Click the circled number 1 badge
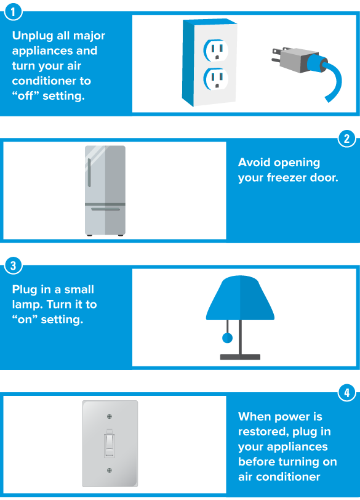point(13,12)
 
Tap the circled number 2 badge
point(346,139)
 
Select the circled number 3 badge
point(13,265)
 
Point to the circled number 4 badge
point(346,392)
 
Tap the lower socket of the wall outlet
point(216,79)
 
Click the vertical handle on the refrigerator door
point(89,172)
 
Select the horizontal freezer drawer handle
point(105,209)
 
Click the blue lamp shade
point(240,298)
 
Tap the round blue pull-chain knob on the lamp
point(227,337)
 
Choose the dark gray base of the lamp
point(240,357)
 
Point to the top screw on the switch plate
point(110,416)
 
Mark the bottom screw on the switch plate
point(110,470)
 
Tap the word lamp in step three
point(27,305)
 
